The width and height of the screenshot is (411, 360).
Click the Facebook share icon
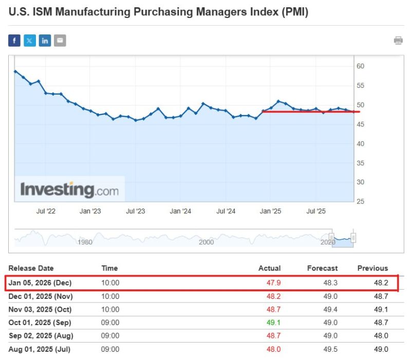pos(14,41)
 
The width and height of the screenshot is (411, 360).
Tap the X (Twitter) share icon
pos(30,41)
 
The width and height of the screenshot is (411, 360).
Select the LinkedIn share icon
pos(45,41)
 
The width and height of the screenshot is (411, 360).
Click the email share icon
pos(60,41)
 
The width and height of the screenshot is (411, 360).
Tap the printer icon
pos(398,41)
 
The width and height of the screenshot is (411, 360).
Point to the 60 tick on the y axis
pos(361,66)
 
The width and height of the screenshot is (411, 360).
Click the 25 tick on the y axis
pos(361,201)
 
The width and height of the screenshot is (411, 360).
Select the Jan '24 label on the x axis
pos(180,211)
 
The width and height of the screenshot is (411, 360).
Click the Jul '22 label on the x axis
pos(47,211)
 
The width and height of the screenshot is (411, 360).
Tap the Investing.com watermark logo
pos(69,190)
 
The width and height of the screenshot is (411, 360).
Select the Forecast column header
pos(322,268)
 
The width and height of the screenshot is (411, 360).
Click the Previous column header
pos(372,268)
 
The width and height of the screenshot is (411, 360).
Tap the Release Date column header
pos(31,268)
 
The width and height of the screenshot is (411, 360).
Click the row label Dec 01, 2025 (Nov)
pos(41,296)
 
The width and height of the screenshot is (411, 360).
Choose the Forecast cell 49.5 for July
pos(330,349)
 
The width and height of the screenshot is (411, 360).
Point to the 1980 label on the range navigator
pos(85,242)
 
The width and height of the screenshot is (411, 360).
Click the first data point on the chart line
pos(15,71)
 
